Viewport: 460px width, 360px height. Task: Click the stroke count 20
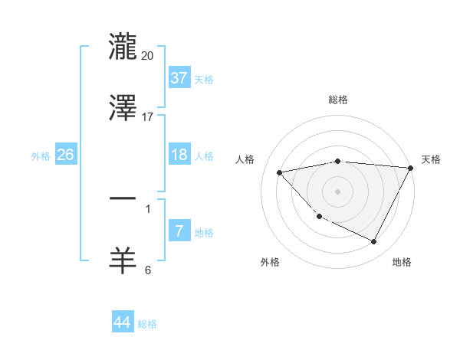coord(148,56)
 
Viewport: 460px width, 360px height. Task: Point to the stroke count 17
coord(148,117)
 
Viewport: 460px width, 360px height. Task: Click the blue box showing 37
coord(179,78)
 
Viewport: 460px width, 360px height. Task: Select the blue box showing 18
coord(179,155)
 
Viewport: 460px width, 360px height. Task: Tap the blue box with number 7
coord(179,231)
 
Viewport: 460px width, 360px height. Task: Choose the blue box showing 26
coord(65,155)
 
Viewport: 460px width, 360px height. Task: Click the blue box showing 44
coord(122,322)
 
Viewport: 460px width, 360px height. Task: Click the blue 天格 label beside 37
coord(204,80)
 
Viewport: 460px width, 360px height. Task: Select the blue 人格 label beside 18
coord(204,156)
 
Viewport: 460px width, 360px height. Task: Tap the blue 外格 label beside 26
coord(41,156)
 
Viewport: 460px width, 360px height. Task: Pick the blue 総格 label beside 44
coord(147,324)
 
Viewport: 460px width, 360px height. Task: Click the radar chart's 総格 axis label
coord(338,100)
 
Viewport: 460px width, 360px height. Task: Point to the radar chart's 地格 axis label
coord(402,262)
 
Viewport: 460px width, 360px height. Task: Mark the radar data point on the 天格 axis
coord(410,168)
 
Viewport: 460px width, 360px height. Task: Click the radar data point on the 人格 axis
coord(280,172)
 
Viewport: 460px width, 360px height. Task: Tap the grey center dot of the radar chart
coord(338,191)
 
